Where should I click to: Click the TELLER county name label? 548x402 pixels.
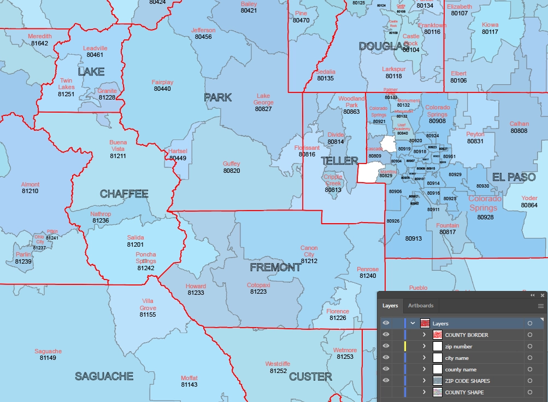point(339,161)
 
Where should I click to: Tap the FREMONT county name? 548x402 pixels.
point(275,267)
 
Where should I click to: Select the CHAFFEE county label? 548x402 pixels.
point(124,194)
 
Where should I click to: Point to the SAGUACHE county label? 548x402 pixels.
point(104,376)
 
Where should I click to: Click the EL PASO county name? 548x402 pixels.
point(514,177)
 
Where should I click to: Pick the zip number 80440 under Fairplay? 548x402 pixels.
point(162,89)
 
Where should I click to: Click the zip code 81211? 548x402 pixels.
point(117,156)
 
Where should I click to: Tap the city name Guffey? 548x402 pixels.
point(232,164)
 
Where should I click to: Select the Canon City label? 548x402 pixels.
point(309,251)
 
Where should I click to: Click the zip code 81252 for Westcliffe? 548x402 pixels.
point(278,371)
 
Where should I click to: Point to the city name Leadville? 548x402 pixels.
point(95,48)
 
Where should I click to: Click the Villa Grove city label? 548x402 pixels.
point(148,305)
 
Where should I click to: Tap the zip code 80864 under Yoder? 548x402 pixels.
point(529,205)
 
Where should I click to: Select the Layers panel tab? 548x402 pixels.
point(390,306)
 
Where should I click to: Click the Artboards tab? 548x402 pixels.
point(421,306)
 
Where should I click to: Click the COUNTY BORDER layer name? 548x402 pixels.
point(467,335)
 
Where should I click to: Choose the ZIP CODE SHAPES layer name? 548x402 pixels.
point(467,381)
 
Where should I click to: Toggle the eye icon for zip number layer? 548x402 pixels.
point(386,346)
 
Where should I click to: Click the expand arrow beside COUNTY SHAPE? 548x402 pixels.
point(424,392)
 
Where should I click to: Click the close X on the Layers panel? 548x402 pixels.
point(542,295)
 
